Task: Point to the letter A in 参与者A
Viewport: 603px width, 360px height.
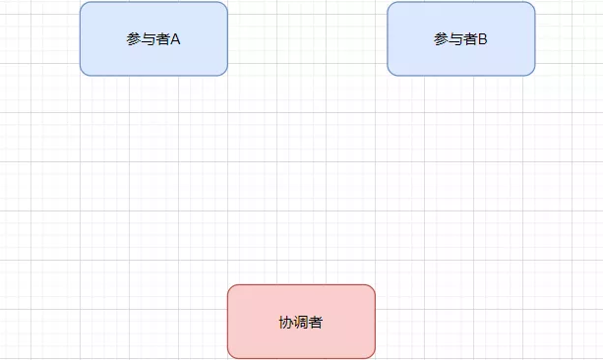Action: pyautogui.click(x=175, y=39)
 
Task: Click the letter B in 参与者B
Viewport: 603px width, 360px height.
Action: pyautogui.click(x=483, y=39)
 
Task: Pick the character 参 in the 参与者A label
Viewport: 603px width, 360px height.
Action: pyautogui.click(x=134, y=39)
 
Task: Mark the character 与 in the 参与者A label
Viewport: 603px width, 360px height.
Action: pyautogui.click(x=148, y=39)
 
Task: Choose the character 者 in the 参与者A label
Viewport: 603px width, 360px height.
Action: pyautogui.click(x=161, y=39)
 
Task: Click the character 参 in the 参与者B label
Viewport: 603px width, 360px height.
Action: pyautogui.click(x=441, y=39)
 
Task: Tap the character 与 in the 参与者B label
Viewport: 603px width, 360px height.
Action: pyautogui.click(x=454, y=39)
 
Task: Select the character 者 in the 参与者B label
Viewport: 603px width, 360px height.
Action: pyautogui.click(x=468, y=39)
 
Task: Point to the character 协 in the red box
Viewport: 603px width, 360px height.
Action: pyautogui.click(x=286, y=323)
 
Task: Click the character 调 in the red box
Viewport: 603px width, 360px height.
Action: pyautogui.click(x=301, y=323)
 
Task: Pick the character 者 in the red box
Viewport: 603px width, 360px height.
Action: pyautogui.click(x=316, y=323)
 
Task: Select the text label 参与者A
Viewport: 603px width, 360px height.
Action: pyautogui.click(x=153, y=39)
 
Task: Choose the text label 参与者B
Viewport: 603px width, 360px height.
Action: pyautogui.click(x=461, y=39)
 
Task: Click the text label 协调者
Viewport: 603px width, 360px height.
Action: pyautogui.click(x=301, y=323)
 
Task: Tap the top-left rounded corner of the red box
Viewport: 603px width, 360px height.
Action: pyautogui.click(x=231, y=288)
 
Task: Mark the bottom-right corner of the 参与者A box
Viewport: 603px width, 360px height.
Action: pyautogui.click(x=224, y=72)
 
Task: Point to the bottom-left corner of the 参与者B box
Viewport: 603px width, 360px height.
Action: pyautogui.click(x=391, y=72)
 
